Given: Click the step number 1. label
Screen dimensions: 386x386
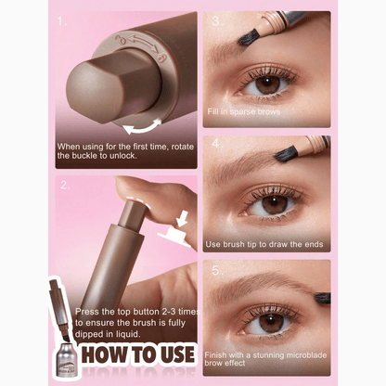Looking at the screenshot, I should [61, 19].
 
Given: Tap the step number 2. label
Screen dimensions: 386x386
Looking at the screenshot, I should [64, 184].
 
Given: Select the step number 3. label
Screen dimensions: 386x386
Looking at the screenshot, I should [216, 19].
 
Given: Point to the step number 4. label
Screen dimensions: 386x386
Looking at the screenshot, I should [216, 145].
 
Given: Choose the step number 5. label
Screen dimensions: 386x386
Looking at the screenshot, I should [216, 271].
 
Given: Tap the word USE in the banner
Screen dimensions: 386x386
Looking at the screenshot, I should [173, 355].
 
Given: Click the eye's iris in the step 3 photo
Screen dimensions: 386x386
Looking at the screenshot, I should [268, 84].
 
